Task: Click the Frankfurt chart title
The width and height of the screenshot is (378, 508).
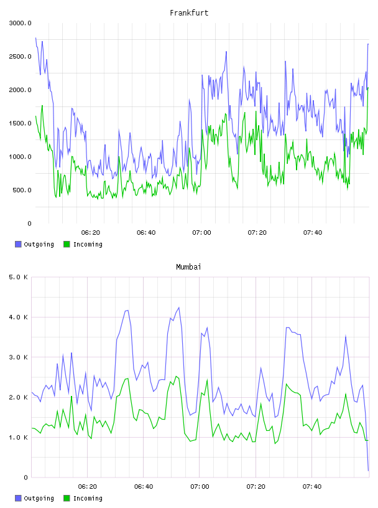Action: [x=189, y=13]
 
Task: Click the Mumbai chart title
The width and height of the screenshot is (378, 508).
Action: [x=188, y=267]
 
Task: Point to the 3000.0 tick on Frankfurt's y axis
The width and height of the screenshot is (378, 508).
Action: [x=20, y=23]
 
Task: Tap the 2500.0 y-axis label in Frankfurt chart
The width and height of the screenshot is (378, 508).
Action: [x=20, y=57]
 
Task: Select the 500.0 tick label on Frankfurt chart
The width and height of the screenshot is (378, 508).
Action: [x=22, y=190]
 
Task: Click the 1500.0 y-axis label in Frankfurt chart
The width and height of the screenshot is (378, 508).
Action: [x=20, y=123]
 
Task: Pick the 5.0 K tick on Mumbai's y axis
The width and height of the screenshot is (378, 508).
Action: [x=18, y=277]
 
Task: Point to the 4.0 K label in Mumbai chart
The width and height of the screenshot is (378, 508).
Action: [x=18, y=317]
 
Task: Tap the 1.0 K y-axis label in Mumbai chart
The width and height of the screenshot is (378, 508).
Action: [x=18, y=438]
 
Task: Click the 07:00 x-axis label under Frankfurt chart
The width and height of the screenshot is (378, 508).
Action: [x=201, y=233]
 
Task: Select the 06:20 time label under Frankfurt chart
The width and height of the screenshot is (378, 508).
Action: [x=91, y=233]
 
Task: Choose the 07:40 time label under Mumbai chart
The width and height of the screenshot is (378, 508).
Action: [x=312, y=487]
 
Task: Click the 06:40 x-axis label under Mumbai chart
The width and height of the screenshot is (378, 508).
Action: [x=144, y=487]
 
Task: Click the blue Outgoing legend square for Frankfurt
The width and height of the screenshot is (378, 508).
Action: [x=18, y=244]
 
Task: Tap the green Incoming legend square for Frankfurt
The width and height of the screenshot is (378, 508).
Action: [x=67, y=244]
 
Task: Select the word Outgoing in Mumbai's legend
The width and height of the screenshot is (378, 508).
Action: [x=39, y=498]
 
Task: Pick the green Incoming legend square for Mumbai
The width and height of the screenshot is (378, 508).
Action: [x=67, y=498]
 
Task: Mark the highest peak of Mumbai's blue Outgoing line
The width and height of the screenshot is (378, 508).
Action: [x=178, y=308]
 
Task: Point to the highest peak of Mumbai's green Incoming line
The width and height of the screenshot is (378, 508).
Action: [x=176, y=377]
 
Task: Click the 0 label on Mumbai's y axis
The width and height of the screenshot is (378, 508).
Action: [x=26, y=477]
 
